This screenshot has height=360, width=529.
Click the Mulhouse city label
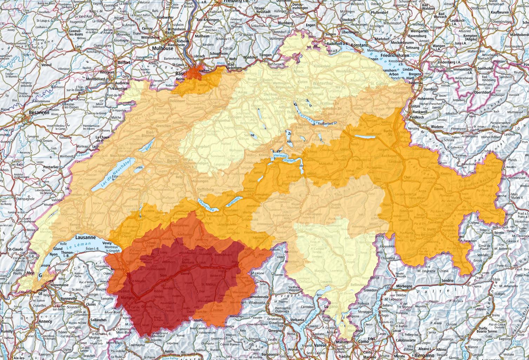163,48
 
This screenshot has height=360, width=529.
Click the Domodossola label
260,297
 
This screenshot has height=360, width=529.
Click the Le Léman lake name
77,250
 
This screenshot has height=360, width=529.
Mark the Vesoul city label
46,65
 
